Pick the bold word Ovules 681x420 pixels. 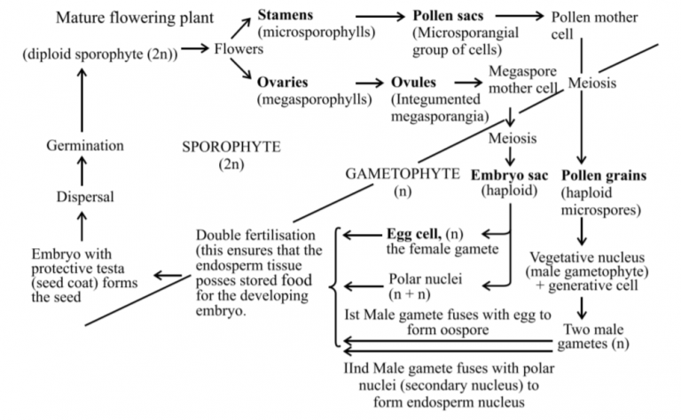413,82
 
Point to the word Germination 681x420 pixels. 85,145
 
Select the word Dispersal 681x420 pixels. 85,197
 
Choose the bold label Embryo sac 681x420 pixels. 508,173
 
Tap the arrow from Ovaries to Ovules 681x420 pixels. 355,82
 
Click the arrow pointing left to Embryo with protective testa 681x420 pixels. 168,277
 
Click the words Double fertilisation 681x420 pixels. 255,234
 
